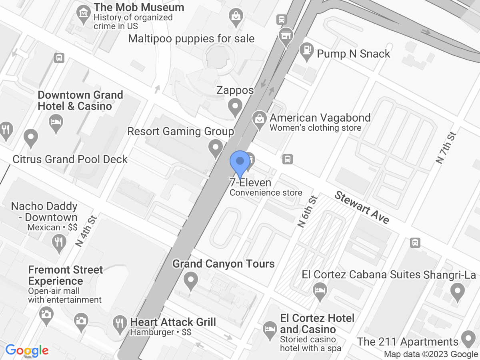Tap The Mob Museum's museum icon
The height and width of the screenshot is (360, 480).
(83, 13)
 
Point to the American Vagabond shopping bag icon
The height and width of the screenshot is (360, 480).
(260, 119)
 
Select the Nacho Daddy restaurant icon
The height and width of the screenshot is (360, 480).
(59, 242)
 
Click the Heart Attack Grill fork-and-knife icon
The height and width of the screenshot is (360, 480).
(119, 322)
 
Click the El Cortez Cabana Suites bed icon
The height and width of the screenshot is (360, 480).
(320, 290)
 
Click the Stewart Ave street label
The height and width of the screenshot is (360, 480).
(362, 208)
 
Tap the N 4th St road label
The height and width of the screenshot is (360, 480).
(86, 232)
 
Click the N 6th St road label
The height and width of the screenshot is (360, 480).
(308, 212)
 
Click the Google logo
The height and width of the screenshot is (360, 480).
(27, 350)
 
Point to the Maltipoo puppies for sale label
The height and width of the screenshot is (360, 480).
(191, 38)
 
